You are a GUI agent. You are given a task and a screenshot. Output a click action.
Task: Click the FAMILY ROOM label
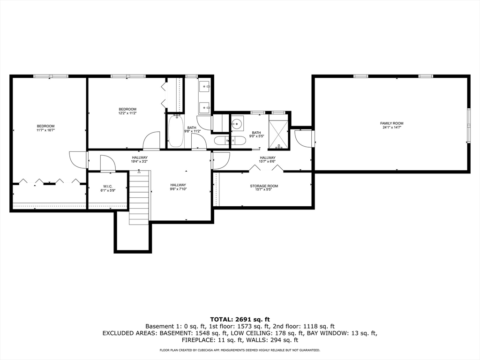[x=391, y=123]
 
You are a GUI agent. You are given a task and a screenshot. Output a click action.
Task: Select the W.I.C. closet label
[x=108, y=187]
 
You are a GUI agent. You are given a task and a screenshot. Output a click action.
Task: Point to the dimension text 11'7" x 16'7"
[x=46, y=130]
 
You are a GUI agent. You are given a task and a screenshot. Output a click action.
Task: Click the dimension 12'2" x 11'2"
[x=127, y=113]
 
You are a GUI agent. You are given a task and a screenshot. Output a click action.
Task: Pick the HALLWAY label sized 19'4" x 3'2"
[x=140, y=157]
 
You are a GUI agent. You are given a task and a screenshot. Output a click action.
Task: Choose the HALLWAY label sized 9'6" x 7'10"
[x=178, y=185]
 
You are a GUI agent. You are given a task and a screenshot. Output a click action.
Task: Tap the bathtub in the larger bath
[x=176, y=132]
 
